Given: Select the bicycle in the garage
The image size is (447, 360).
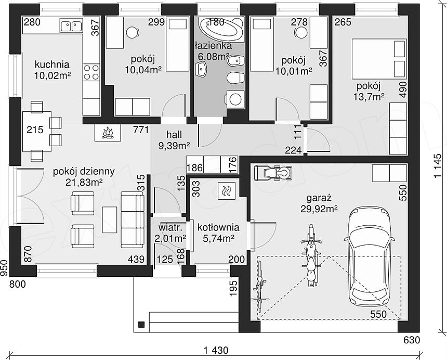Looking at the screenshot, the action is [x=260, y=287].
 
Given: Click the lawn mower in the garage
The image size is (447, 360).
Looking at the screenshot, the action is [x=273, y=173].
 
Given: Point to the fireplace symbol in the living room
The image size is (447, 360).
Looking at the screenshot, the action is [x=108, y=133].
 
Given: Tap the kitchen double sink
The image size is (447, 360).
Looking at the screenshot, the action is [x=71, y=25].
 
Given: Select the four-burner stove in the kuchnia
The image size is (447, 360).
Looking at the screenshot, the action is [x=91, y=72].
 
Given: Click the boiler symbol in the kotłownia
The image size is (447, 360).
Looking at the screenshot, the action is [x=227, y=191].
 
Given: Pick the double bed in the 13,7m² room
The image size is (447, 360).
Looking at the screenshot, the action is [x=379, y=59].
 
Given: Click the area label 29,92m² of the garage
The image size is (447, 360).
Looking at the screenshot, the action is [x=319, y=209].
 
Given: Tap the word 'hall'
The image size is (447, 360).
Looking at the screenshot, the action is [x=174, y=134].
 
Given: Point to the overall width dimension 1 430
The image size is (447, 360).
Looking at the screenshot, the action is [x=216, y=350].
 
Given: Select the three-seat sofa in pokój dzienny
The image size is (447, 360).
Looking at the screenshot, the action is [x=132, y=220].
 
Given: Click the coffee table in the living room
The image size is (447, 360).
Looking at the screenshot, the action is [x=110, y=220].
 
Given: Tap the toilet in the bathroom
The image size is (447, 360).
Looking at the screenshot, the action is [x=235, y=78].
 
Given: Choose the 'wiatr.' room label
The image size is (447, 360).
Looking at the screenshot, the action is [x=170, y=228].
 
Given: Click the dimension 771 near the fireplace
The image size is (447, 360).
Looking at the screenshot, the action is [x=141, y=130].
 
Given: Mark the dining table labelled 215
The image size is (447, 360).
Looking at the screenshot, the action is [x=37, y=132].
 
